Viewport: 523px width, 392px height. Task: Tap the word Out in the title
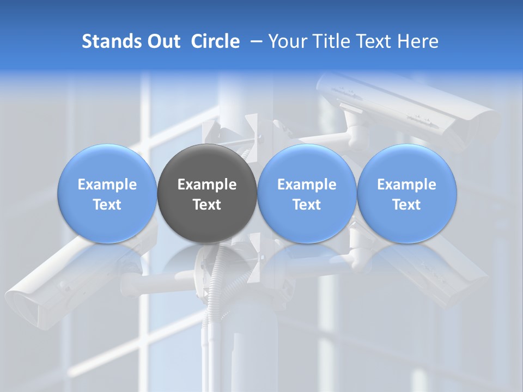162,41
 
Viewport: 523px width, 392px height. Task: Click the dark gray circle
207,218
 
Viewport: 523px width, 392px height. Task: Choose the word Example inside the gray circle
207,185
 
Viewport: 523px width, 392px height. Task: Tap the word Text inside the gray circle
207,205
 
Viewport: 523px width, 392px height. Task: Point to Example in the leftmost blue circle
107,185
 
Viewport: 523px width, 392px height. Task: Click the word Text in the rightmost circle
407,205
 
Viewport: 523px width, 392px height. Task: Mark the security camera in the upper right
414,109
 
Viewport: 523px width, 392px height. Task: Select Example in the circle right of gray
307,185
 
